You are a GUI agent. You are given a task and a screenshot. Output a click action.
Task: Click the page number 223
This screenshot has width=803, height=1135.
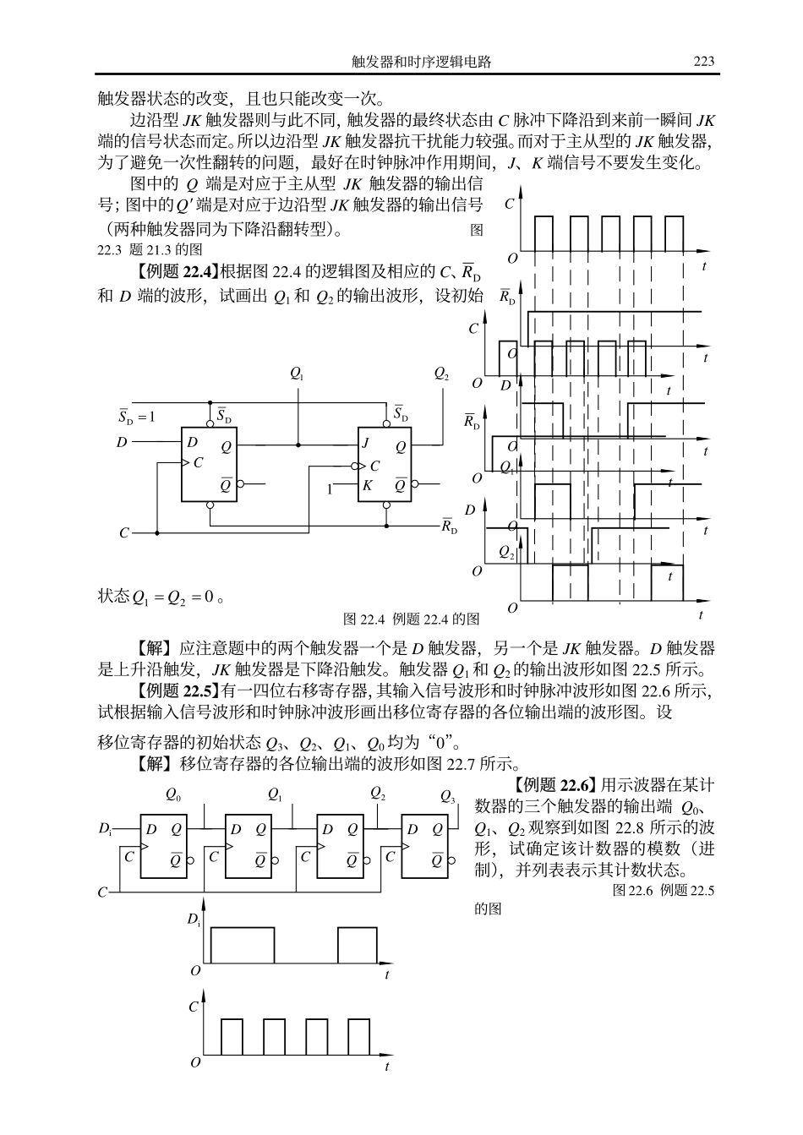703,61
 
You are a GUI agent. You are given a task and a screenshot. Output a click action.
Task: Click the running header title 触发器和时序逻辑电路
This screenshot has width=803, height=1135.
422,62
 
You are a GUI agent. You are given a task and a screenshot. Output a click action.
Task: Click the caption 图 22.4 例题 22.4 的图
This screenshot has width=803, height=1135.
411,619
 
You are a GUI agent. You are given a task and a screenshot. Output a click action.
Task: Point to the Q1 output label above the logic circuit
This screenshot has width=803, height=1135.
297,373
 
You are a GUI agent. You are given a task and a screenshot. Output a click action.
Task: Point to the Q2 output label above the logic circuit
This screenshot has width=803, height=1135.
441,373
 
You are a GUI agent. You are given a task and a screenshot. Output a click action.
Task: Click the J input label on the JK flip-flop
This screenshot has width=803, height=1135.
366,442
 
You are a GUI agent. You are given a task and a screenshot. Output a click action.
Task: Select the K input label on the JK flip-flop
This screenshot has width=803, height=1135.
367,486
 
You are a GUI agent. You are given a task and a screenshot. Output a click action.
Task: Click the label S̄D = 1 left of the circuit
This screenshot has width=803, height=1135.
137,416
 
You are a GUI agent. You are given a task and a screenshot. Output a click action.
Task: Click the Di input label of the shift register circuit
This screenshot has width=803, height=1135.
106,830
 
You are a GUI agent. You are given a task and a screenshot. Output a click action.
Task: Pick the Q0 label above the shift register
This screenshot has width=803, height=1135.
173,794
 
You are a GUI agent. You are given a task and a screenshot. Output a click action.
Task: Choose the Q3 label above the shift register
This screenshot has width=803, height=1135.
448,796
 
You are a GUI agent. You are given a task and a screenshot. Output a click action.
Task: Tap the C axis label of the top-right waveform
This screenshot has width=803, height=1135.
509,204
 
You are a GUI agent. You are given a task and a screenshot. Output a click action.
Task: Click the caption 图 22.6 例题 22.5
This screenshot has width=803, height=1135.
664,890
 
